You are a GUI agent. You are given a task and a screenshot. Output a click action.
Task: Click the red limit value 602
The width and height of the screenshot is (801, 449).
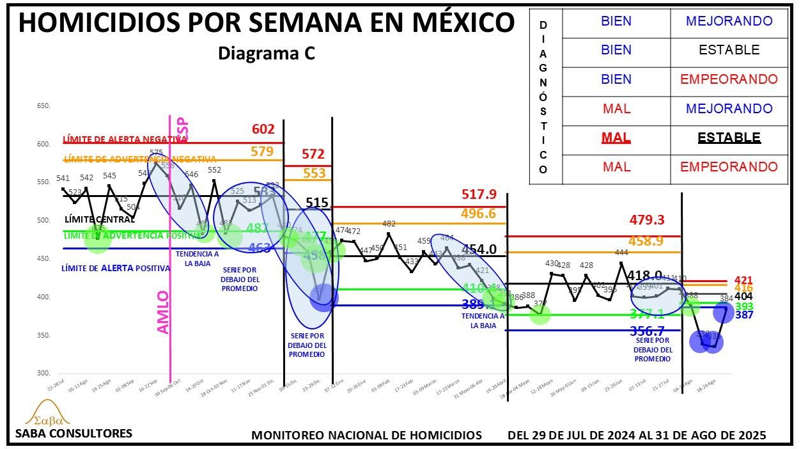263,129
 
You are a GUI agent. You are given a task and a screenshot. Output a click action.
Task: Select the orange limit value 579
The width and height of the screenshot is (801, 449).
263,152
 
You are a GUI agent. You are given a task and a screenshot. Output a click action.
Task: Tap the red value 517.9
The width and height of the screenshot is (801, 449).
479,194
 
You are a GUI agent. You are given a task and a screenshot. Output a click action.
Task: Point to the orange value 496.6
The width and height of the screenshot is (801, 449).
479,213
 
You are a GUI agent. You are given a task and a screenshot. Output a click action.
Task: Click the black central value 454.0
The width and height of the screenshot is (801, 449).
480,249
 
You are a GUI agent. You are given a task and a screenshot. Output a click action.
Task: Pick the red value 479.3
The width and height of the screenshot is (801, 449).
646,220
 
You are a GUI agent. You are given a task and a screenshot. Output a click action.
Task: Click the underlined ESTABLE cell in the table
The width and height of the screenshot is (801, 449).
729,138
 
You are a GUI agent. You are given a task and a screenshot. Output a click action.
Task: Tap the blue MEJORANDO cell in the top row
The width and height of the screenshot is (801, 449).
729,21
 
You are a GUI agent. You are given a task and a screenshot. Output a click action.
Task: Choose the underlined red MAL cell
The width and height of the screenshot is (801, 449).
616,138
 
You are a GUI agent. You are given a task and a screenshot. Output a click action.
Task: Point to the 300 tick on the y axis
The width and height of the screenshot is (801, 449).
43,373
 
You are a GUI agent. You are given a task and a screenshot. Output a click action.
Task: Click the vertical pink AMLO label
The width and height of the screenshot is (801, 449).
163,311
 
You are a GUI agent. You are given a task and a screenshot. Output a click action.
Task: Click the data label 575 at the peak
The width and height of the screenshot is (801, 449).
155,153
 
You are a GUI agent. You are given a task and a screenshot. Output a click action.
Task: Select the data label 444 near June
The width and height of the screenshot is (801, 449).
621,253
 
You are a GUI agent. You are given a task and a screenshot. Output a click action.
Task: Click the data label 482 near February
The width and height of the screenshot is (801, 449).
389,224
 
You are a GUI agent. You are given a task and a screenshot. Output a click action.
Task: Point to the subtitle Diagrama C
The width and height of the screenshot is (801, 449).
267,54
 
